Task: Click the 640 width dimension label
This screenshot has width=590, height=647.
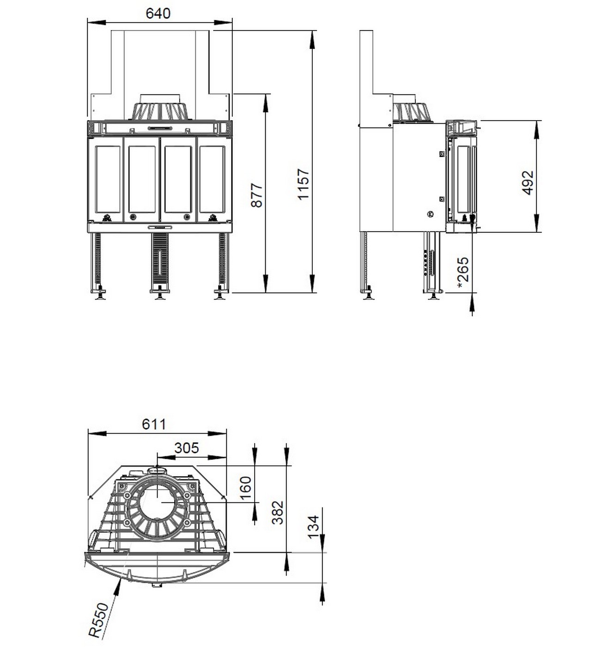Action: [158, 13]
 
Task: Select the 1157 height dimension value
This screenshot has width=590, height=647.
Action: [304, 184]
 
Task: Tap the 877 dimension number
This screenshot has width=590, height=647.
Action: [257, 195]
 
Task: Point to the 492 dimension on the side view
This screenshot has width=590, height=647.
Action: [528, 183]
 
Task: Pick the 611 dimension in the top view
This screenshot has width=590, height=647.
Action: [154, 424]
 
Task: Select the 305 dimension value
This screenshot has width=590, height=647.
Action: [187, 448]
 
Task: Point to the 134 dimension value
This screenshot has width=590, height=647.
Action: [313, 527]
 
